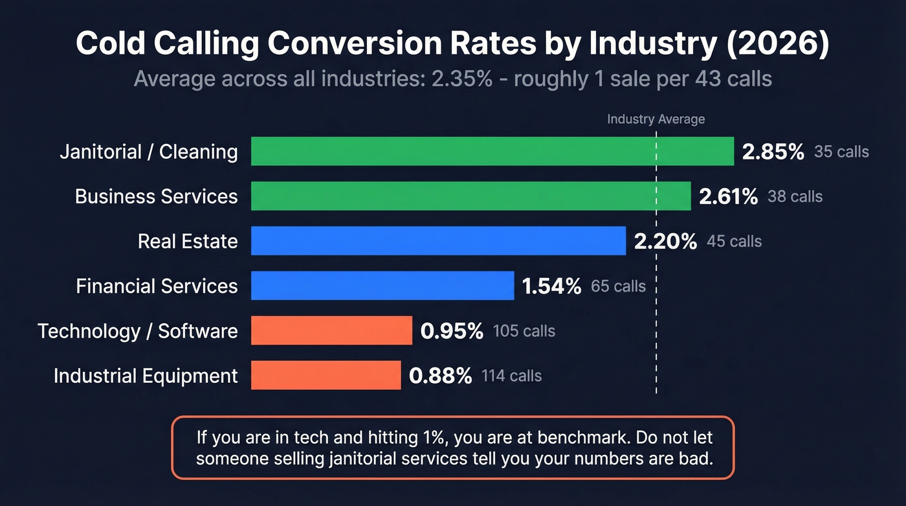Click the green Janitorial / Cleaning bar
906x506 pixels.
tap(492, 152)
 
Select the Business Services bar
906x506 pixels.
tap(470, 196)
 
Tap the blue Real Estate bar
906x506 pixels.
tap(438, 241)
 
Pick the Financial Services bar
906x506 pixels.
tap(382, 286)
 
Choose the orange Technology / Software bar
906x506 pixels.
tap(331, 330)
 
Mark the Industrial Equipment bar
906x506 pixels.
tap(326, 375)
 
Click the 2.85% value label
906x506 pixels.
tap(773, 152)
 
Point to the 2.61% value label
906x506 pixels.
tap(728, 197)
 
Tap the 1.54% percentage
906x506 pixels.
tap(551, 286)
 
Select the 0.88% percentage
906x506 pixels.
tap(440, 376)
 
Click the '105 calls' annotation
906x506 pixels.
tap(524, 331)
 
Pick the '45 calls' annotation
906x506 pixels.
tap(734, 242)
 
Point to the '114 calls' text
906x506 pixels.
tap(511, 376)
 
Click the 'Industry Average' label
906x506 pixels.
tap(656, 119)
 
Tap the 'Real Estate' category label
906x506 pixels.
tap(188, 242)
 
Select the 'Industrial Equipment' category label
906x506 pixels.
tap(146, 376)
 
